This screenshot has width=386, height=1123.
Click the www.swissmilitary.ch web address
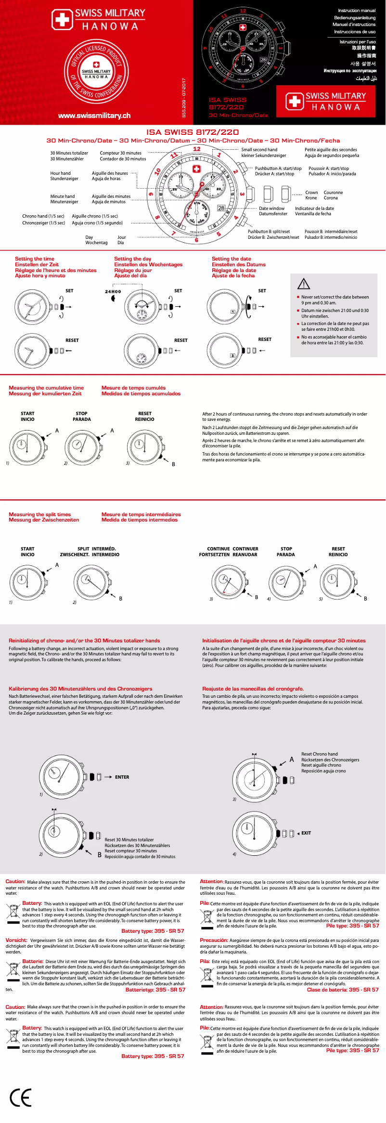(94, 116)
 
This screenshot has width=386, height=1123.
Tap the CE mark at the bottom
(21, 1098)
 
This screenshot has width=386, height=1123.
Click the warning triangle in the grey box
(304, 284)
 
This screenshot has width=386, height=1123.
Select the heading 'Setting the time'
(35, 259)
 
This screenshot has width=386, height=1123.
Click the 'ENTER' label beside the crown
(122, 777)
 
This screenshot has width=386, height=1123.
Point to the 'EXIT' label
(306, 833)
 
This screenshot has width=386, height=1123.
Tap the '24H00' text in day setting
(113, 292)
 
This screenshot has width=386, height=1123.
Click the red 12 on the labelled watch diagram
(196, 149)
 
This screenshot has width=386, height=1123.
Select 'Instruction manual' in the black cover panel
(357, 11)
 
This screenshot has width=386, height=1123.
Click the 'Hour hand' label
(60, 173)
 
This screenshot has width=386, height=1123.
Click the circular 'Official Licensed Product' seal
(96, 71)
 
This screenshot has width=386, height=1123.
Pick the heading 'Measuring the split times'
(39, 514)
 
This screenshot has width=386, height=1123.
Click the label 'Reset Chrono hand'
(320, 754)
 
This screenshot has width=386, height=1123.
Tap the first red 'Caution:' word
(15, 882)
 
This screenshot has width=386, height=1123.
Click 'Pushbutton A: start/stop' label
(278, 169)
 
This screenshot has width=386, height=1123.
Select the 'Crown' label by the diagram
(311, 193)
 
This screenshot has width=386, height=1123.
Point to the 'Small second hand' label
(259, 150)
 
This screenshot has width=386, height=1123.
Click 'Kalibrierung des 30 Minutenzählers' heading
(80, 689)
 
